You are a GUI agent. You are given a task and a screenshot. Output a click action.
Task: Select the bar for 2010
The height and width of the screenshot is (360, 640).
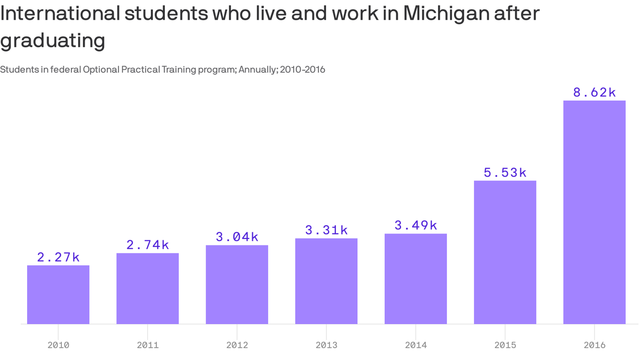click(x=58, y=294)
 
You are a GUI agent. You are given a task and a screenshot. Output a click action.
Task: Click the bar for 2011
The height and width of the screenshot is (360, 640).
click(x=148, y=288)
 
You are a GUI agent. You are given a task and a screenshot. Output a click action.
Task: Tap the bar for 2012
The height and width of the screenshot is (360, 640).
click(x=237, y=285)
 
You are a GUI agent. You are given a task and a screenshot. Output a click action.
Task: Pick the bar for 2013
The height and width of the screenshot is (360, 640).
click(x=326, y=281)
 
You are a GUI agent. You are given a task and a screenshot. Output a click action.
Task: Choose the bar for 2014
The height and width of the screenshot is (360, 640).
click(x=416, y=278)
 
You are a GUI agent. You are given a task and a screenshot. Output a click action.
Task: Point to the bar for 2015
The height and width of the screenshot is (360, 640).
click(x=505, y=252)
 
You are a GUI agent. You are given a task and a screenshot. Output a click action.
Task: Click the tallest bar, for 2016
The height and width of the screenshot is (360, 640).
click(x=594, y=212)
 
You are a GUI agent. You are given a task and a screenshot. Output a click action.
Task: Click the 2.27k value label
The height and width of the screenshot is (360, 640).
click(x=58, y=257)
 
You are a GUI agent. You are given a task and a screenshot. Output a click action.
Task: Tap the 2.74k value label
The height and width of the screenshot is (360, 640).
click(x=148, y=245)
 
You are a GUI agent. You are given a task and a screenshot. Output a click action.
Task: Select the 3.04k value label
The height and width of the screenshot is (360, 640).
click(x=237, y=237)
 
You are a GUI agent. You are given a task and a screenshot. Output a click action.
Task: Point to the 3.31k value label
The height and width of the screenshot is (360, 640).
click(x=326, y=230)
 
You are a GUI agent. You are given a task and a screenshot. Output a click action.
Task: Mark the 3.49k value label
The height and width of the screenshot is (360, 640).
click(x=416, y=225)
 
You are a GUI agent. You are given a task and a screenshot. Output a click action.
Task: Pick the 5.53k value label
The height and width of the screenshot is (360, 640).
click(x=505, y=172)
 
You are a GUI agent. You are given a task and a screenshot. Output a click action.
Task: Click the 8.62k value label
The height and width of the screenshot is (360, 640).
click(x=594, y=92)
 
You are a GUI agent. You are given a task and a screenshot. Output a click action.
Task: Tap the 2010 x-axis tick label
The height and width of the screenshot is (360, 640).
click(x=58, y=345)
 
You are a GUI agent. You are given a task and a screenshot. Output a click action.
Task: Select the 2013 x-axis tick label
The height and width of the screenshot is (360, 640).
click(x=326, y=345)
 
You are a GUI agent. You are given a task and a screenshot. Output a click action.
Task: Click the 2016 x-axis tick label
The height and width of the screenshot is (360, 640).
click(x=594, y=345)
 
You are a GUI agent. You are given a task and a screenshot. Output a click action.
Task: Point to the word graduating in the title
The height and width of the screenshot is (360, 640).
click(x=52, y=41)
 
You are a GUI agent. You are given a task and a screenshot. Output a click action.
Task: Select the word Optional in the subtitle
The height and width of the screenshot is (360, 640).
click(x=101, y=70)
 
